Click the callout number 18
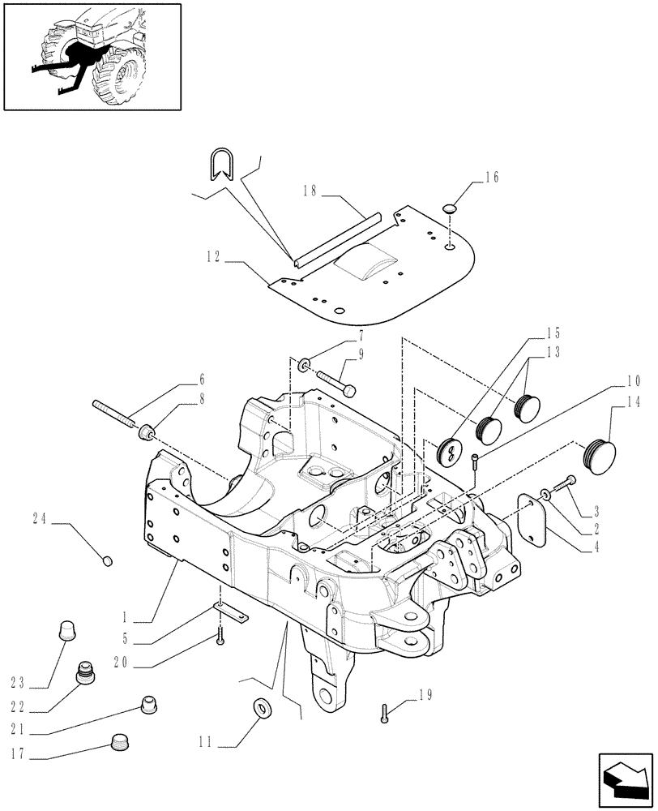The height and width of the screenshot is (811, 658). [x=309, y=191]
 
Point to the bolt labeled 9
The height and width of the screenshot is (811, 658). [x=335, y=383]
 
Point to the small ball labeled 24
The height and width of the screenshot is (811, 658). [x=109, y=560]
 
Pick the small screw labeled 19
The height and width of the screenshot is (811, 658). [x=384, y=713]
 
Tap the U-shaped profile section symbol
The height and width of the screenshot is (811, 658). [x=218, y=165]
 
